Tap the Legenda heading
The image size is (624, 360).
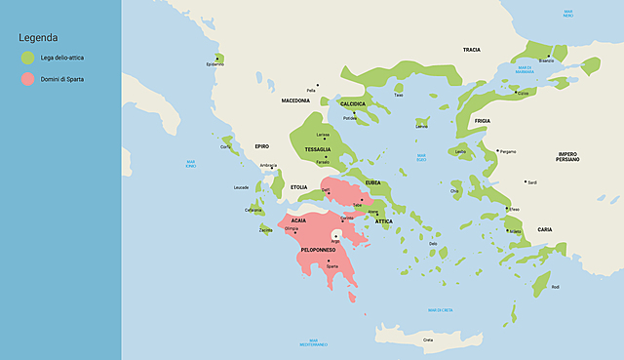pyautogui.click(x=38, y=37)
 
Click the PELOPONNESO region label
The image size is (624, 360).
pyautogui.click(x=319, y=250)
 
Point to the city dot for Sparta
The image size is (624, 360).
pyautogui.click(x=330, y=260)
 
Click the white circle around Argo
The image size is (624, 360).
pyautogui.click(x=336, y=235)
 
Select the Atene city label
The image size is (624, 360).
pyautogui.click(x=372, y=211)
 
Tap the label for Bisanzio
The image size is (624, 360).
pyautogui.click(x=547, y=60)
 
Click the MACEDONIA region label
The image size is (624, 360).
pyautogui.click(x=295, y=100)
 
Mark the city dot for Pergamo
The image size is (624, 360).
pyautogui.click(x=497, y=151)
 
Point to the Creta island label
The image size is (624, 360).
pyautogui.click(x=427, y=340)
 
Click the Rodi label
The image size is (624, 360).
pyautogui.click(x=556, y=287)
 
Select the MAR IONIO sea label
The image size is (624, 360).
pyautogui.click(x=191, y=163)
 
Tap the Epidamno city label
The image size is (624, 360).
pyautogui.click(x=214, y=64)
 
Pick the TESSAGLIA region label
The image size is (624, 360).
pyautogui.click(x=317, y=149)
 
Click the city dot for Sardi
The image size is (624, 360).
pyautogui.click(x=526, y=180)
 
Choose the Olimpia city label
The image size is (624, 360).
pyautogui.click(x=291, y=228)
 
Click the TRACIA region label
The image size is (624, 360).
pyautogui.click(x=472, y=49)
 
